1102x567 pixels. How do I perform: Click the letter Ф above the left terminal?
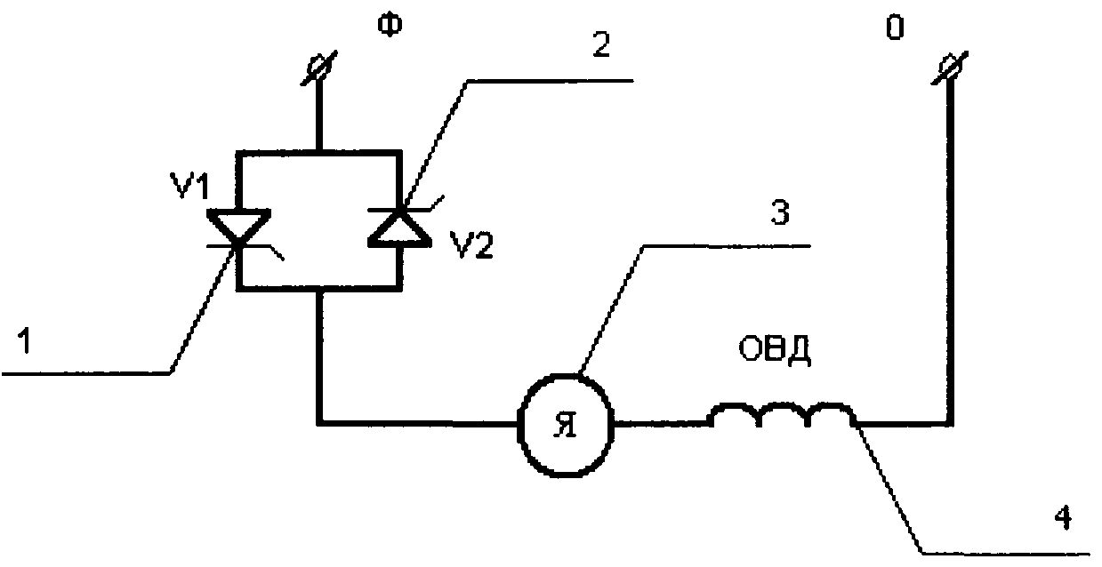pos(390,26)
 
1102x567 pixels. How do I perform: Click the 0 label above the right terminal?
pos(895,28)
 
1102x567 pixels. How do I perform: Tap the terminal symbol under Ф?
pos(319,68)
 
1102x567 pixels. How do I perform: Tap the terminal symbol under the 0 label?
pos(949,68)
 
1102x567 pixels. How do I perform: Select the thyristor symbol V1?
pos(239,229)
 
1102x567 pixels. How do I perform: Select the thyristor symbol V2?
pos(400,225)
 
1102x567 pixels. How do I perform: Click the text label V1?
pos(190,186)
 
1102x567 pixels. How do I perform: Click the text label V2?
pos(471,245)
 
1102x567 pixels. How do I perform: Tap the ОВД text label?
pos(775,350)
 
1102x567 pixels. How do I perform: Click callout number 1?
pos(25,341)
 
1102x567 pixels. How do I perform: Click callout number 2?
pos(600,45)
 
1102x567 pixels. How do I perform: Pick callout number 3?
pos(779,212)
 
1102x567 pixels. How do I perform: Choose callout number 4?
pos(1064,518)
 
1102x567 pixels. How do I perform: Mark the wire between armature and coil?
pos(662,422)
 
